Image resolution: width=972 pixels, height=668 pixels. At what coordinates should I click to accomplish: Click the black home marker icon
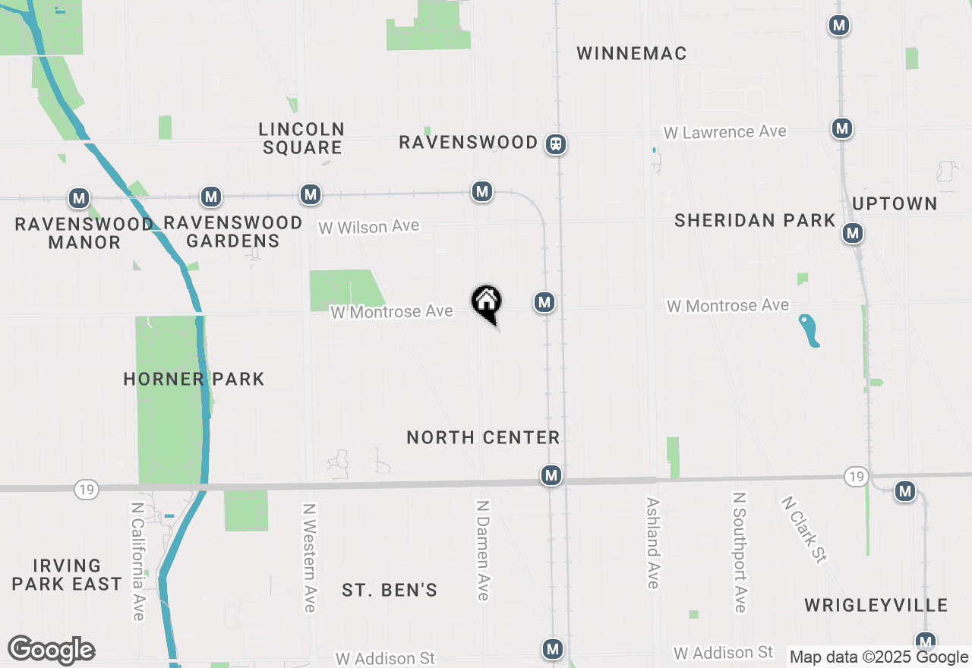tap(486, 302)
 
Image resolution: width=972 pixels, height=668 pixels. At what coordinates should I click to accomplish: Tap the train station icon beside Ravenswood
tap(556, 143)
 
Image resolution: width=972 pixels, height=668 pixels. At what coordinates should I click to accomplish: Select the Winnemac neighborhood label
tap(631, 53)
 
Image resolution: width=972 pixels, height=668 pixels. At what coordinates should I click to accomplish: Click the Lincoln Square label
tap(301, 138)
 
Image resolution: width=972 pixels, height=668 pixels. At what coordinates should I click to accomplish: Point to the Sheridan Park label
tap(755, 220)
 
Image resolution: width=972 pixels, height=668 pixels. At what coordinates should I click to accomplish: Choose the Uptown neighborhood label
tap(895, 203)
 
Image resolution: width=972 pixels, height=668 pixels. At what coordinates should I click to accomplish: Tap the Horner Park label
tap(194, 379)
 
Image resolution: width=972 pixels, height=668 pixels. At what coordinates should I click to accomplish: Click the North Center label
tap(483, 437)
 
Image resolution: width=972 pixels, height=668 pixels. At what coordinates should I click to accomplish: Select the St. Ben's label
tap(389, 590)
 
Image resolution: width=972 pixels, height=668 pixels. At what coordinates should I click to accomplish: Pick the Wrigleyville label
tap(876, 605)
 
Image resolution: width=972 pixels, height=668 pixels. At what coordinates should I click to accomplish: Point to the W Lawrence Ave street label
tap(724, 132)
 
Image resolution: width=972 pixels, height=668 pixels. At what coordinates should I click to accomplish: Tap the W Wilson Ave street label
tap(368, 227)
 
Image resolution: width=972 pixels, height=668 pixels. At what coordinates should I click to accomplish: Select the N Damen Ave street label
tap(482, 550)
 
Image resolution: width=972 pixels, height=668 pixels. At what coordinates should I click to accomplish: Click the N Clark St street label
tap(803, 529)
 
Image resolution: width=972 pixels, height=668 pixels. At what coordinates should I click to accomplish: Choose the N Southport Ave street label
tap(740, 552)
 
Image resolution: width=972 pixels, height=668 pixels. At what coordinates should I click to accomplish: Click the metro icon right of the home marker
tap(544, 302)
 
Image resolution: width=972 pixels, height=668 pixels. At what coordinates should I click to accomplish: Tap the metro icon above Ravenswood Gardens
tap(211, 197)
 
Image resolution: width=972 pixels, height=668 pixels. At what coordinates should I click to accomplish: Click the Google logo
tap(51, 650)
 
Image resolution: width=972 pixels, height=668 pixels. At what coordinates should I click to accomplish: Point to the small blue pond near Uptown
tap(809, 331)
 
